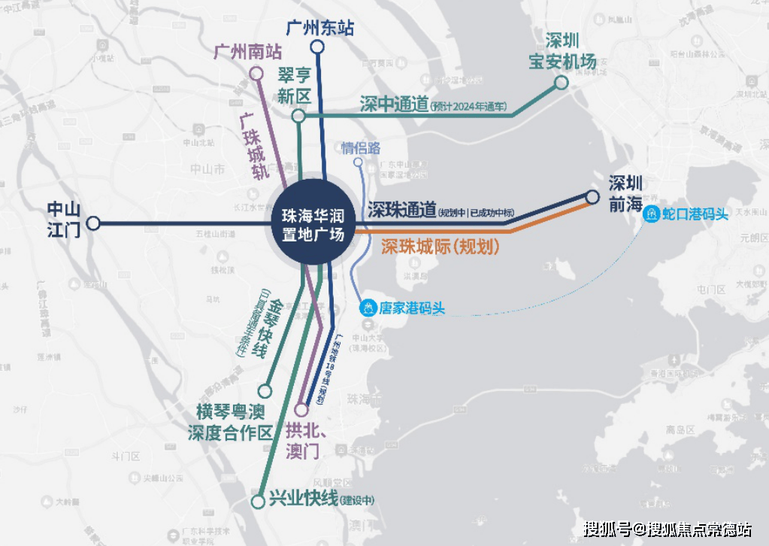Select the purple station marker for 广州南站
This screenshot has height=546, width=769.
click(x=256, y=74)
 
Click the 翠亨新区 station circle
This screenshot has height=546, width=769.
click(x=298, y=116)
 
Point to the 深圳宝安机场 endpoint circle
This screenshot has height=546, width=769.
click(x=561, y=83)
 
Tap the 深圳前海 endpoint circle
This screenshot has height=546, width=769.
click(x=592, y=197)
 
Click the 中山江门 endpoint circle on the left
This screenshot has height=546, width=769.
click(x=93, y=223)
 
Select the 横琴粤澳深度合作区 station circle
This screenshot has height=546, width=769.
click(x=265, y=391)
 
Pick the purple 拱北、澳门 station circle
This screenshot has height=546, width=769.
click(x=301, y=411)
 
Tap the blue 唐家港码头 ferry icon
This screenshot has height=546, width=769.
click(x=368, y=308)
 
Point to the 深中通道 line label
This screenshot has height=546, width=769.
click(x=393, y=104)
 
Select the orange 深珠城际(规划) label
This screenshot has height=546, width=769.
click(x=440, y=246)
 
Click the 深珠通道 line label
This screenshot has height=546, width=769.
click(x=401, y=211)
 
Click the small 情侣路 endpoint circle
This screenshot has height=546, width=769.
click(x=358, y=162)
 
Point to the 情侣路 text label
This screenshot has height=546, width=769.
click(x=361, y=147)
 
